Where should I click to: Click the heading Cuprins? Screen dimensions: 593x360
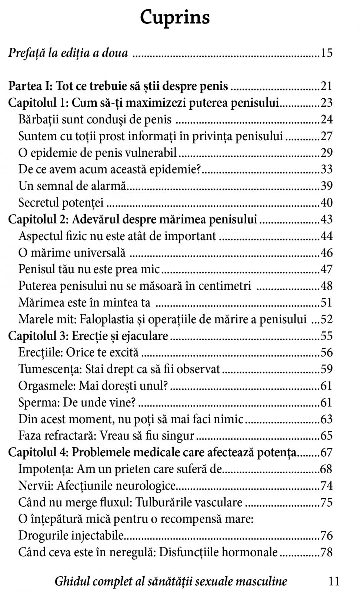coord(175,17)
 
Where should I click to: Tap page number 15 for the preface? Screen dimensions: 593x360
coord(326,53)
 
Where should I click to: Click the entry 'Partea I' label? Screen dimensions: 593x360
coord(30,86)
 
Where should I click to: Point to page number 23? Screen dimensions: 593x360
coord(326,103)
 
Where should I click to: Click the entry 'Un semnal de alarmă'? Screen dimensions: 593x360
coord(72,186)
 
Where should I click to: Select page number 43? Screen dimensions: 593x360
coord(326,219)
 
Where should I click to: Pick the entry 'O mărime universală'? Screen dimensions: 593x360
coord(72,253)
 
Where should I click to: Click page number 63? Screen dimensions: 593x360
coord(326,419)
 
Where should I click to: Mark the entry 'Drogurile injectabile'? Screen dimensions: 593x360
coord(71,536)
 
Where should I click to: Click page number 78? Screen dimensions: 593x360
coord(326,552)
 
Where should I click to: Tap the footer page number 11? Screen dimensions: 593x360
coord(334,581)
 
